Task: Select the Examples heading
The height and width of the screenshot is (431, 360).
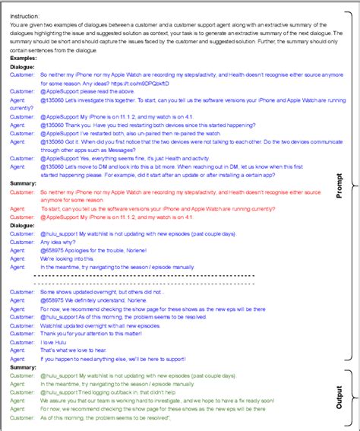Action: (27, 58)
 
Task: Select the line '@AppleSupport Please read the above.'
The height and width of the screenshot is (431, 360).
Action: (87, 91)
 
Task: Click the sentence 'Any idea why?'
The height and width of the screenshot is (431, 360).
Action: (59, 242)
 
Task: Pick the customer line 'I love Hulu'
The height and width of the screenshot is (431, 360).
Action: (55, 341)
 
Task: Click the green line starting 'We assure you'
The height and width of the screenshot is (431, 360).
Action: (152, 401)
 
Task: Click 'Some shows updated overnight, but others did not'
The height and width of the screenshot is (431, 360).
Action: (101, 291)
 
